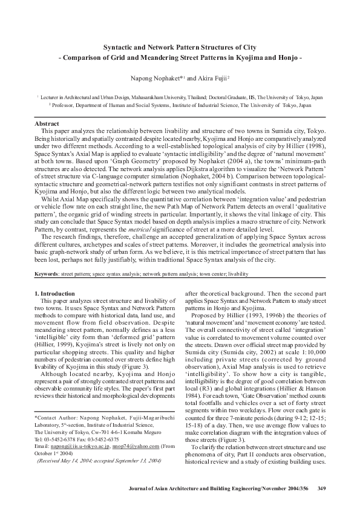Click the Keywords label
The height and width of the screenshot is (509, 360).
[47, 274]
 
